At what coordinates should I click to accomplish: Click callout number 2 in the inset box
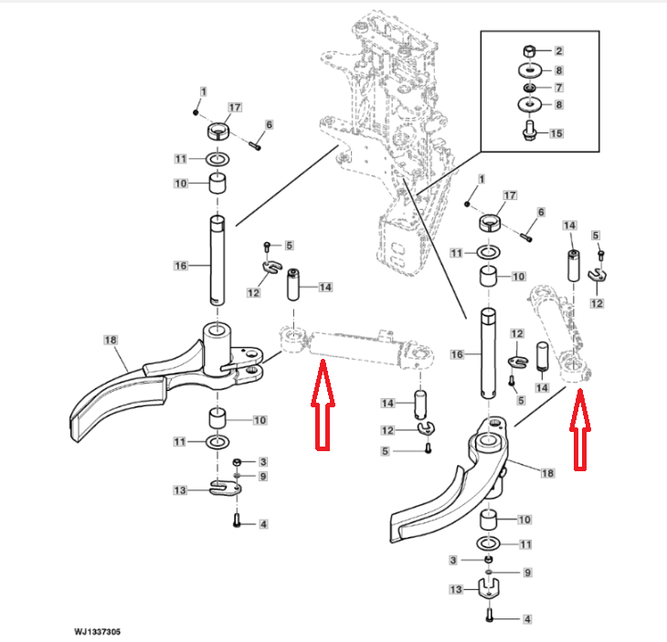[x=558, y=51]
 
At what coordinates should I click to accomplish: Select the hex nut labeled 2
[x=529, y=51]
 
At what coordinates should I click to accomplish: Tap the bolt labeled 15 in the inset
[x=529, y=130]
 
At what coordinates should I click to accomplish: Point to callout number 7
[x=559, y=88]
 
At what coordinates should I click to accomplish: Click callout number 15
[x=556, y=133]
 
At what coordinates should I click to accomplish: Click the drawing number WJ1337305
[x=97, y=632]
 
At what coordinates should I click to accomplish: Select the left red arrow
[x=323, y=404]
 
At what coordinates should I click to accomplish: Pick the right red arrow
[x=580, y=429]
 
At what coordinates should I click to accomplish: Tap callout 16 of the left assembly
[x=181, y=266]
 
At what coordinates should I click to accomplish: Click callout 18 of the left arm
[x=111, y=340]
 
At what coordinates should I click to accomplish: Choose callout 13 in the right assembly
[x=456, y=589]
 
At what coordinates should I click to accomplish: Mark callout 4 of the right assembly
[x=527, y=619]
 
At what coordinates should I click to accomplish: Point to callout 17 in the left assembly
[x=235, y=107]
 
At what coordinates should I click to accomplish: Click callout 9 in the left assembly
[x=263, y=476]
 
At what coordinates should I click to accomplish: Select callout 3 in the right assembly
[x=453, y=561]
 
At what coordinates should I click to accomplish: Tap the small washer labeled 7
[x=529, y=88]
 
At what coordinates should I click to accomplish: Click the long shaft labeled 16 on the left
[x=217, y=260]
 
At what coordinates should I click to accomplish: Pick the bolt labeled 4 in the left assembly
[x=237, y=521]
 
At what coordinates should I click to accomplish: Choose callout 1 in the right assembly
[x=482, y=179]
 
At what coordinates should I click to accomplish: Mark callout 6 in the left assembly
[x=269, y=124]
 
